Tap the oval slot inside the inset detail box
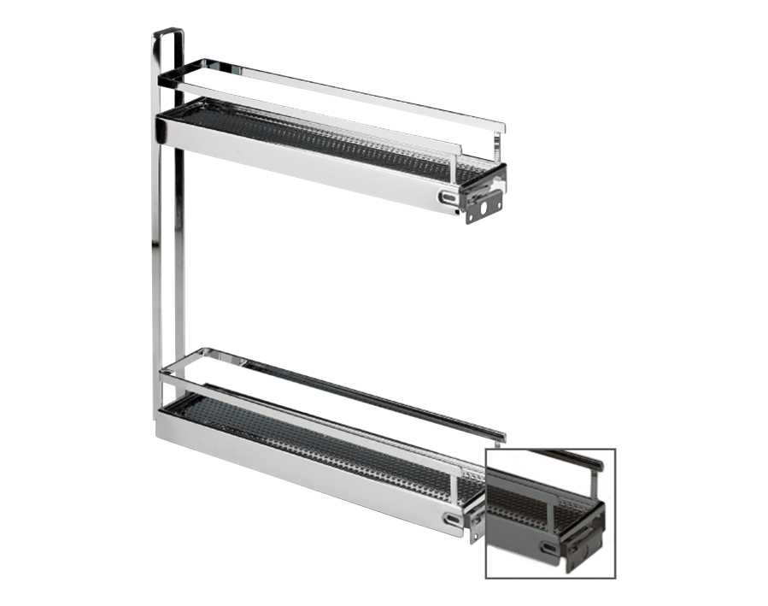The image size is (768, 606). click(548, 546)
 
